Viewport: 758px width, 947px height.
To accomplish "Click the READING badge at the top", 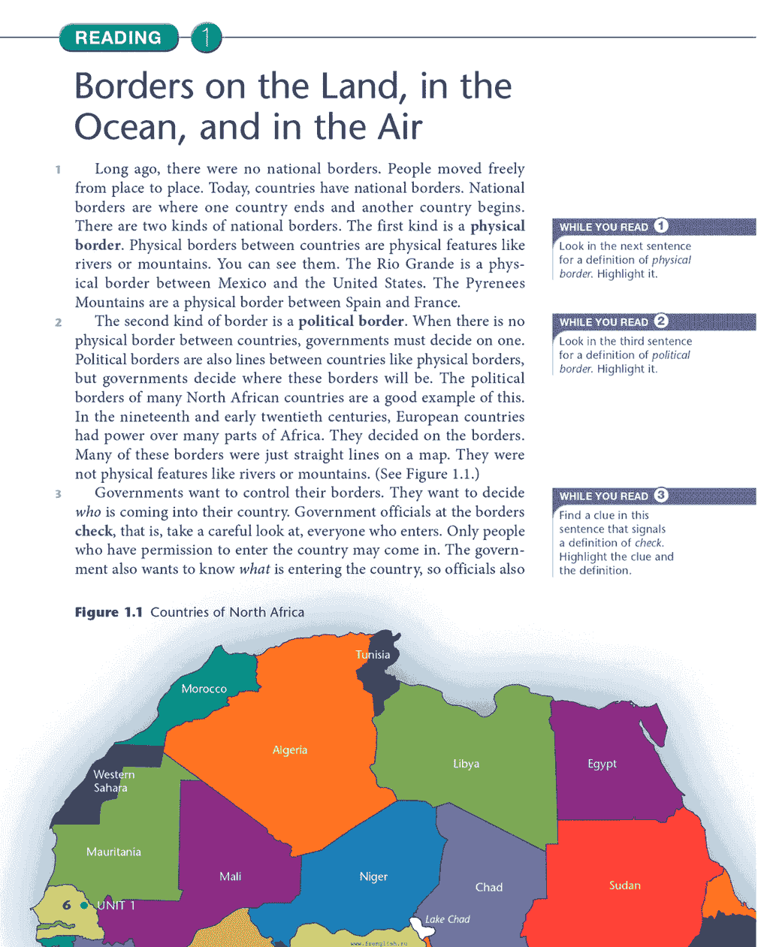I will coord(118,38).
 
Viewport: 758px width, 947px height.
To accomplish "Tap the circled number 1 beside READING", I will coord(206,38).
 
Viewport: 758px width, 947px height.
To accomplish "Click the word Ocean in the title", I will coord(128,127).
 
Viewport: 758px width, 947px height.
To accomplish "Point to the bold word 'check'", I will coord(94,531).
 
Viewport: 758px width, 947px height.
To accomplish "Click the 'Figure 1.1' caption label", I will coord(109,612).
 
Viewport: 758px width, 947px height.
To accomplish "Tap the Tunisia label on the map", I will coord(373,654).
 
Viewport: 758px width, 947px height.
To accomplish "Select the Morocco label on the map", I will coord(204,689).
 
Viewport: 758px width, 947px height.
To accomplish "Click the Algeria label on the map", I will coord(290,749).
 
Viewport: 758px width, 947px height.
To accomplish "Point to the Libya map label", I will coord(466,764).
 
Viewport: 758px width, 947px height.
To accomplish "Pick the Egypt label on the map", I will coord(602,764).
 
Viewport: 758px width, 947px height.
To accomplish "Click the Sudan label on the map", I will coord(625,885).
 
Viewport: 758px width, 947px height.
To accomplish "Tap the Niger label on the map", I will coord(373,876).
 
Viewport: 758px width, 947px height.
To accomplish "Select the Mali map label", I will coord(230,876).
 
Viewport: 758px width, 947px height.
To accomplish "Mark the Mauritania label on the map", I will coord(113,852).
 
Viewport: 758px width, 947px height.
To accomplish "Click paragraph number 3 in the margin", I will coord(58,494).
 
